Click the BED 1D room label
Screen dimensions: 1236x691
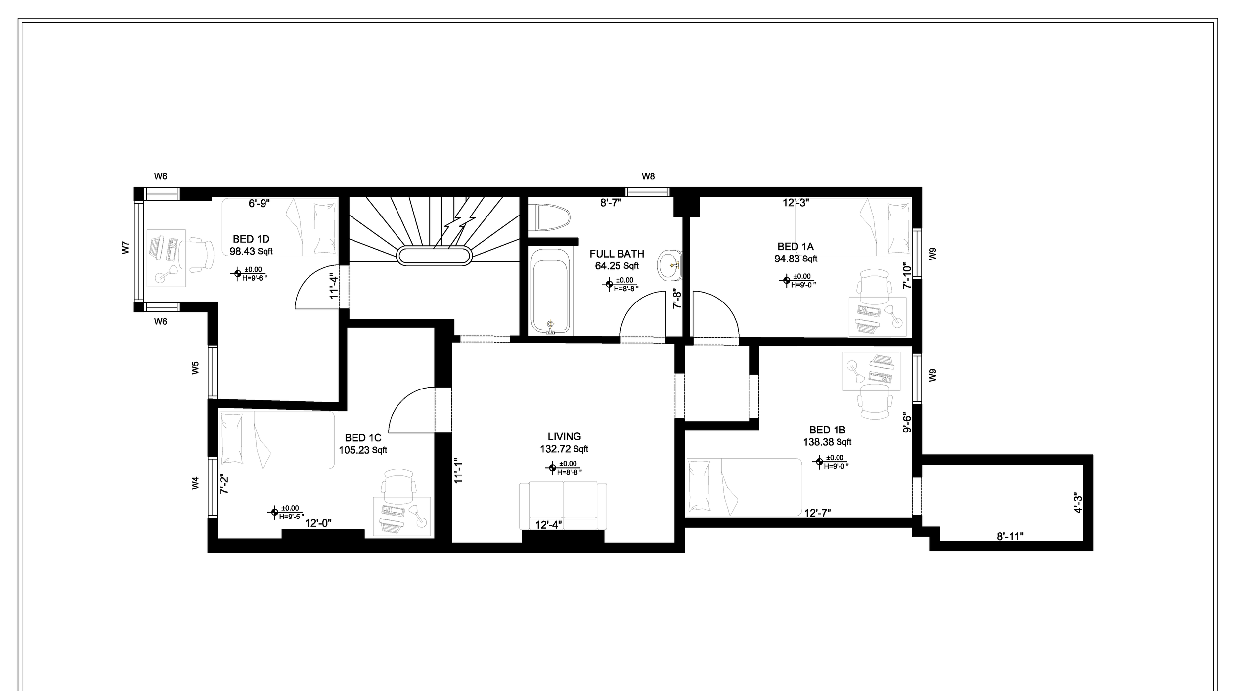251,240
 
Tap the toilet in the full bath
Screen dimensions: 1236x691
549,217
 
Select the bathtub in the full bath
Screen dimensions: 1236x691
550,291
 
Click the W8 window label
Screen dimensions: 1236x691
648,176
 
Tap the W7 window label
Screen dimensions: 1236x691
126,248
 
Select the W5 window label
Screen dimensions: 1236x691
195,368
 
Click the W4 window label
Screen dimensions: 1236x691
195,483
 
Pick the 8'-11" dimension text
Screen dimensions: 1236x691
1010,536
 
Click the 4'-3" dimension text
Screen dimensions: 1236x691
1078,503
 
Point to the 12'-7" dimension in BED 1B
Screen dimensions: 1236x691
817,513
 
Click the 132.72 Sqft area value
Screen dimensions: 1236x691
564,449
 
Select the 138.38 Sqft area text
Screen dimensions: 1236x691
827,442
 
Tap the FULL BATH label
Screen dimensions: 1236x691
617,254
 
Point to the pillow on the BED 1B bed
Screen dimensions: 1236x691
698,485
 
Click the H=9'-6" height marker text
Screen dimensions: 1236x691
255,278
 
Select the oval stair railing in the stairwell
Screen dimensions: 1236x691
435,256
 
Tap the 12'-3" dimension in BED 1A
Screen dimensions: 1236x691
796,202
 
